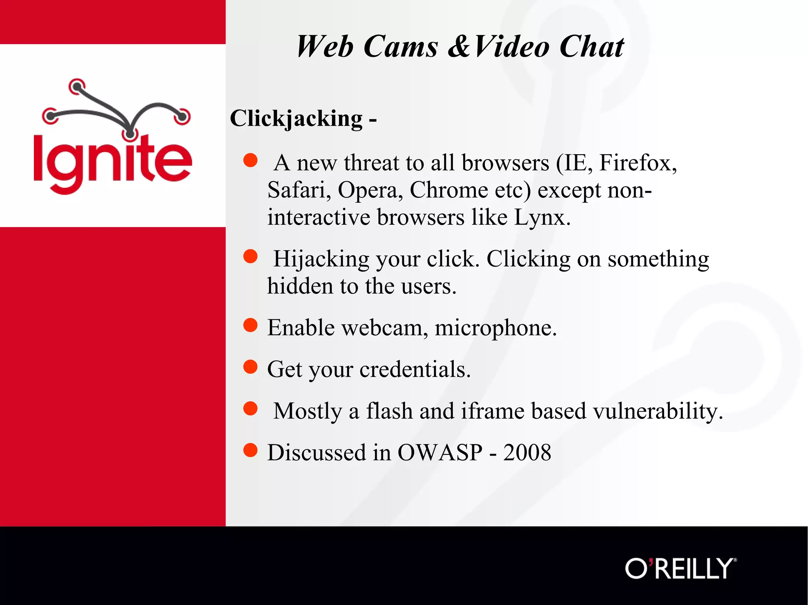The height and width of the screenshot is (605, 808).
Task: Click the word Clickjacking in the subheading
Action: click(x=296, y=118)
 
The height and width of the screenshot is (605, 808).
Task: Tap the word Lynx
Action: click(x=542, y=217)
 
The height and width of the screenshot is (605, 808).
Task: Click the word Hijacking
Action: click(x=321, y=259)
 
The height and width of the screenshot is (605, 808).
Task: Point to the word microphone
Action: click(x=495, y=328)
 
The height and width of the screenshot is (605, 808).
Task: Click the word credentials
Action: click(x=415, y=369)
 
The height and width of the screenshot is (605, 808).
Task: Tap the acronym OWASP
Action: click(x=440, y=452)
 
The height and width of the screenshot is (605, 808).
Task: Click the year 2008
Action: click(x=527, y=452)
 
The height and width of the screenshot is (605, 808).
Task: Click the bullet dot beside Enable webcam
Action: click(x=250, y=326)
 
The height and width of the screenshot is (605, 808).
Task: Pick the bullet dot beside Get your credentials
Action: click(x=250, y=367)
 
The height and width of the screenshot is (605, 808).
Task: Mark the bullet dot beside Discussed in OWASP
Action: click(x=250, y=450)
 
